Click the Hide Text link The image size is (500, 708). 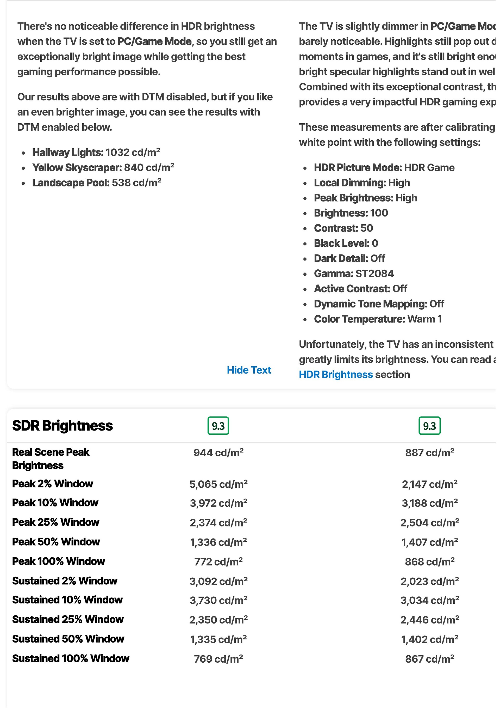tap(249, 370)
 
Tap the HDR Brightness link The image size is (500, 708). tap(336, 375)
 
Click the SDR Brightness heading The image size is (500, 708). tap(63, 426)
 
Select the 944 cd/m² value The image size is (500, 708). tap(218, 453)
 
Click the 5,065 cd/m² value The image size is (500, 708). tap(218, 484)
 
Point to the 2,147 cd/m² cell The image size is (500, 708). tap(429, 484)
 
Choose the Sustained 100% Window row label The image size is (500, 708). tap(71, 659)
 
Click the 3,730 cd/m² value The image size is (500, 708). tap(218, 600)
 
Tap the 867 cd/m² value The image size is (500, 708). tap(429, 659)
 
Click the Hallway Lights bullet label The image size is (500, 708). tap(68, 152)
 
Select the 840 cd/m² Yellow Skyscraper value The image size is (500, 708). tap(149, 167)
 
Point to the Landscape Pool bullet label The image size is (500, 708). tap(71, 183)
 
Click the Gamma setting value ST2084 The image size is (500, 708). tap(374, 274)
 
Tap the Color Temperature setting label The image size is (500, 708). tap(359, 319)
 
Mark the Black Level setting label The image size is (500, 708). tap(341, 243)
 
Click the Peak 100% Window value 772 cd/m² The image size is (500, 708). tap(218, 562)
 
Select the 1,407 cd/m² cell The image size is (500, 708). tap(429, 542)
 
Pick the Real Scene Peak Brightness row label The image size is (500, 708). tap(51, 458)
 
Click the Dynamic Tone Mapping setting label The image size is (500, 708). tap(370, 304)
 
